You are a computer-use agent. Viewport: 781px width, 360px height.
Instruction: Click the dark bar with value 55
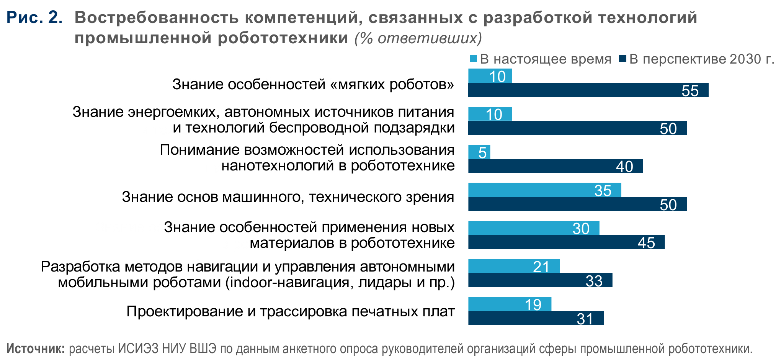point(588,90)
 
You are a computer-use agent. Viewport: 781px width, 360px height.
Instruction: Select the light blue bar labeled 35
point(544,190)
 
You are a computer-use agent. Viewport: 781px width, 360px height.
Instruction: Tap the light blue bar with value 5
point(479,152)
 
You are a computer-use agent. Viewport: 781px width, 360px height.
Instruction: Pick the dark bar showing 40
point(555,166)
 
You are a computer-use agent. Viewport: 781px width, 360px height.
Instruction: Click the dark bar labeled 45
point(566,242)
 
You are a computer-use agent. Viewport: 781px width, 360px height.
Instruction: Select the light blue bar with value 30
point(534,228)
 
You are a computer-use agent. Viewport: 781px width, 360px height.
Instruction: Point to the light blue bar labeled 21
point(514,266)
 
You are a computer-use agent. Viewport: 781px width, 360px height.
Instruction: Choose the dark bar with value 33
point(540,280)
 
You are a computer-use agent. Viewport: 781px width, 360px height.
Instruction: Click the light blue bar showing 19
point(510,304)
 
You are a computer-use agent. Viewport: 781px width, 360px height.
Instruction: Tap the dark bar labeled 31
point(536,318)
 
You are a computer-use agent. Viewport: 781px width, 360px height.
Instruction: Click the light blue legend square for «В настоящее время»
point(473,59)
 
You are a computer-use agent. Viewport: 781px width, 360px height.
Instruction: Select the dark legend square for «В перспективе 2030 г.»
point(622,59)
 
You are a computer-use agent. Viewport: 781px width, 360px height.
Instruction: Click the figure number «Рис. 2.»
point(34,18)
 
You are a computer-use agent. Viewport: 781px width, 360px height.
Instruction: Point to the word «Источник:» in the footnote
point(36,349)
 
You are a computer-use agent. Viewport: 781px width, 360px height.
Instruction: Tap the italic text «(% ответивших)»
point(418,38)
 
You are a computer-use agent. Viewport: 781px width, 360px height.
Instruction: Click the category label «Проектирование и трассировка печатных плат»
point(291,311)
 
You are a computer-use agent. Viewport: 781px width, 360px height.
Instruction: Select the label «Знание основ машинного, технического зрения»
point(288,197)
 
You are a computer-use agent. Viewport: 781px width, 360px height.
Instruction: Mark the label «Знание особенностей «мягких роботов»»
point(313,84)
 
